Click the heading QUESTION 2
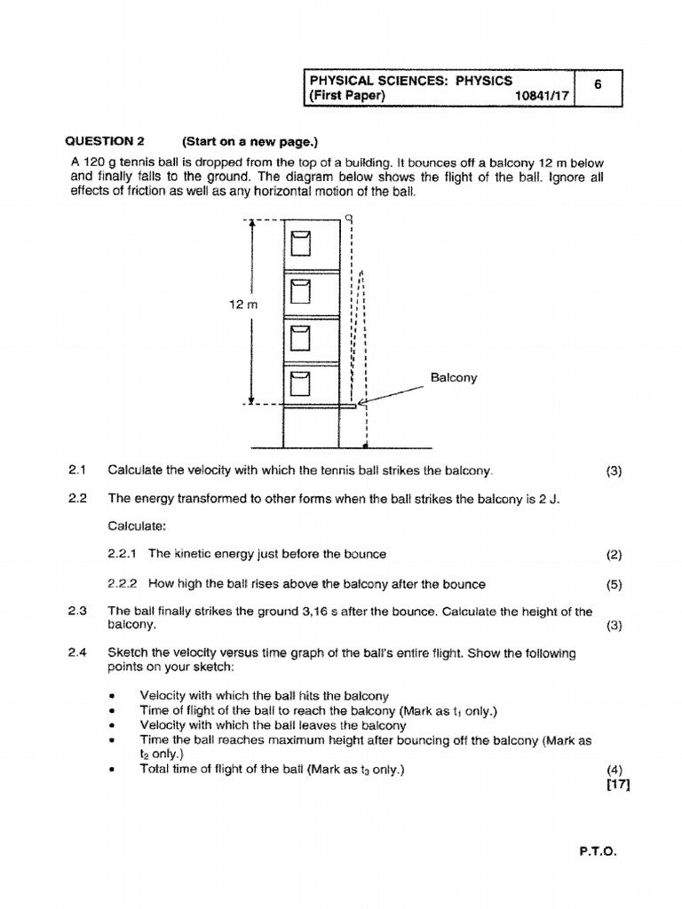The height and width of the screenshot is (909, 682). click(105, 141)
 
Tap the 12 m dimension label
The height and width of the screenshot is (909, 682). click(242, 304)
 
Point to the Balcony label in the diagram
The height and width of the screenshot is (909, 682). click(454, 377)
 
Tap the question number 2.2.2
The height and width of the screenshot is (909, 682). click(123, 584)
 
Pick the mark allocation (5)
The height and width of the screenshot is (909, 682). click(614, 585)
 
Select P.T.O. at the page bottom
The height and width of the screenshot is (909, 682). click(598, 850)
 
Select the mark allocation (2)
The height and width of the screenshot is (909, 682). click(614, 555)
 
